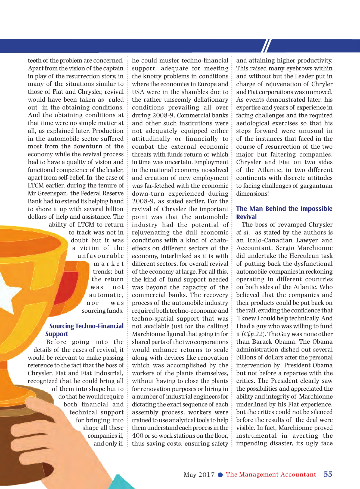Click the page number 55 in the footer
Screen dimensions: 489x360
(x=328, y=474)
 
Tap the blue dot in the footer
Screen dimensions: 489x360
(x=221, y=475)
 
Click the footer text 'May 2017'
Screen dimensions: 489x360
(x=199, y=475)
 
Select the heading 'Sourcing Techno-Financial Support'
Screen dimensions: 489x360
(x=84, y=330)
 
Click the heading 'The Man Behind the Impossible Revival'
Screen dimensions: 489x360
(x=284, y=212)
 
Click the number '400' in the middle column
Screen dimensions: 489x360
(x=138, y=436)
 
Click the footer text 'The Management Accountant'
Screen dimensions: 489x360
(x=271, y=475)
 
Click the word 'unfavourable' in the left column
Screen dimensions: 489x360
(x=100, y=256)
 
